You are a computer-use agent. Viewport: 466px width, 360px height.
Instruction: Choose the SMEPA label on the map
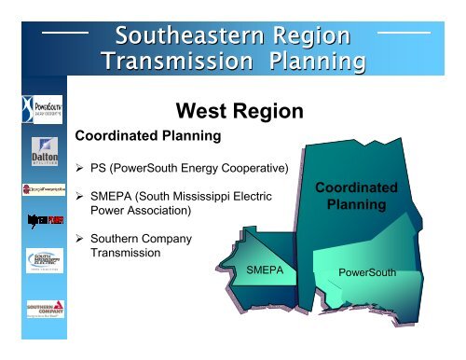click(266, 270)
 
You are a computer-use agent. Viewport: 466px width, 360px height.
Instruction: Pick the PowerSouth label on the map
click(367, 273)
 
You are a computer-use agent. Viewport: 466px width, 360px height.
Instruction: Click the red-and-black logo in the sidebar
click(35, 220)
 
